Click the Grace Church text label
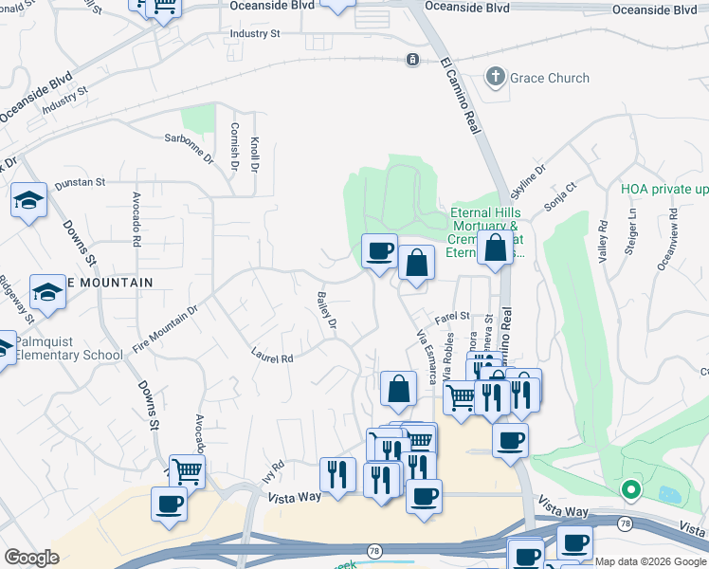[x=550, y=78]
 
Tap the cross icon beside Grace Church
[x=495, y=77]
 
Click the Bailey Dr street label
[x=326, y=311]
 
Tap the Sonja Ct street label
[x=560, y=197]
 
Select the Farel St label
[x=452, y=316]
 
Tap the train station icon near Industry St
[x=412, y=59]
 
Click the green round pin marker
[x=629, y=490]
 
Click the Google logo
[x=31, y=558]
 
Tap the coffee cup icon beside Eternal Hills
[x=380, y=251]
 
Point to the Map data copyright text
[x=649, y=561]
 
